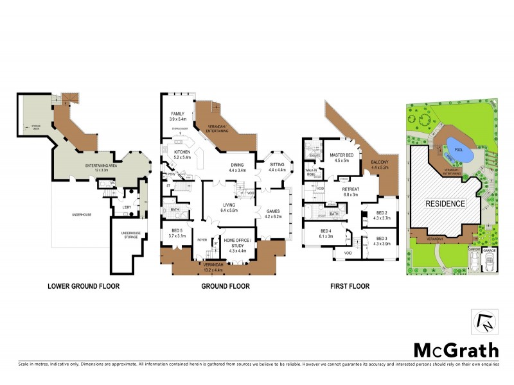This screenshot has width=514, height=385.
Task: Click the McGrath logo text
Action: point(456,350)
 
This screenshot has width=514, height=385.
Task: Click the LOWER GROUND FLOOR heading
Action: point(84,286)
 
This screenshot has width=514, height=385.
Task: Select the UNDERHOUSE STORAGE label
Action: point(128,235)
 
